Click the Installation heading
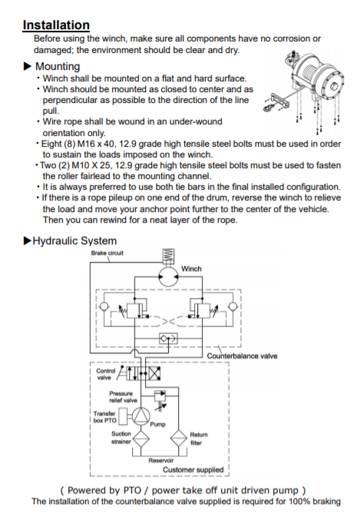click(56, 25)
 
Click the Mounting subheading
click(58, 66)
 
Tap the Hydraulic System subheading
click(74, 240)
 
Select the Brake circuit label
click(107, 253)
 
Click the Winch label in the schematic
click(191, 269)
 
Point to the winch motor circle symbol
click(168, 277)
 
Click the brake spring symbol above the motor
click(168, 257)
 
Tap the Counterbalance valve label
click(242, 356)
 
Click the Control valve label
click(105, 374)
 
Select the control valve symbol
click(143, 373)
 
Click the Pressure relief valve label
click(123, 397)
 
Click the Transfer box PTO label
click(104, 417)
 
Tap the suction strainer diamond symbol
click(141, 439)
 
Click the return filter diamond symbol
click(178, 439)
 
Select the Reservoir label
click(161, 460)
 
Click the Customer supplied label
click(193, 469)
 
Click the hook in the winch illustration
click(269, 108)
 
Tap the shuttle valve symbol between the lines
click(168, 339)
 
